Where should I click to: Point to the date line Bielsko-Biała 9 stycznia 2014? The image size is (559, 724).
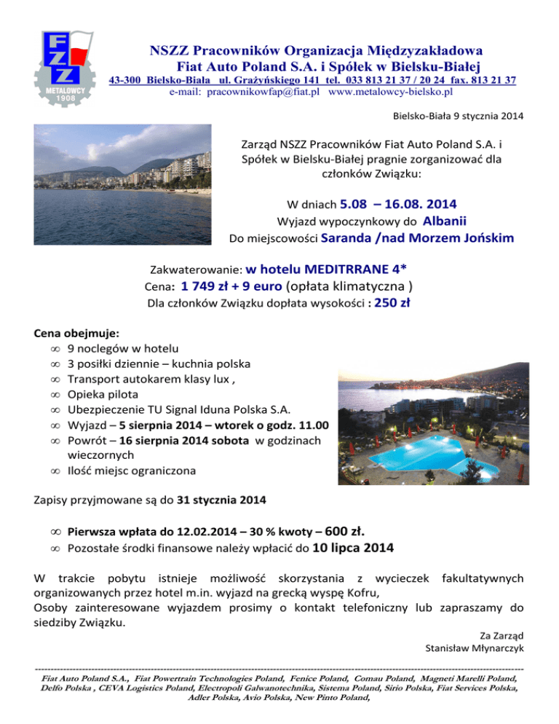(457, 116)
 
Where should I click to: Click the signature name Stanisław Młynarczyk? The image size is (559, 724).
(474, 647)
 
